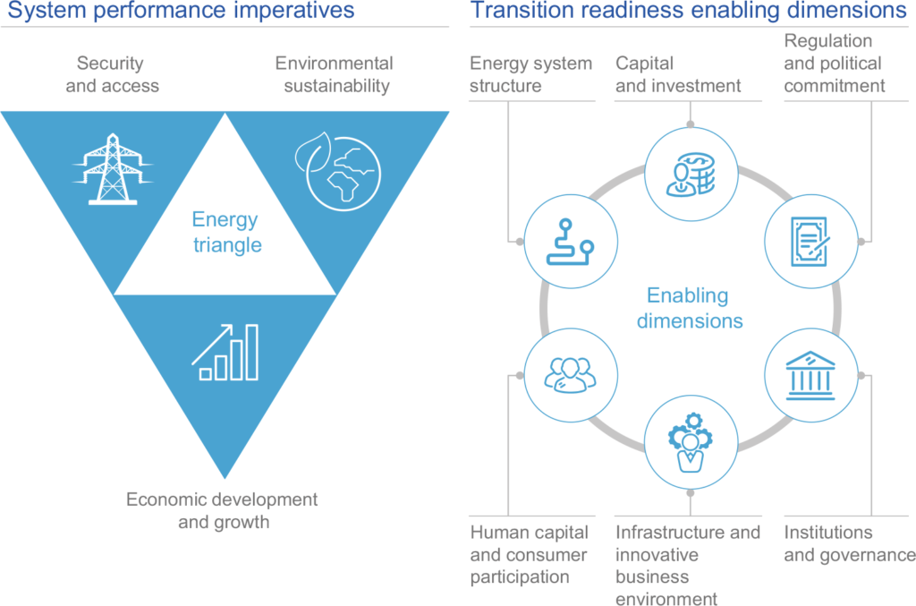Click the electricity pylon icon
coord(113,169)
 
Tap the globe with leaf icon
coord(337,171)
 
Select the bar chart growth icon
coord(225,353)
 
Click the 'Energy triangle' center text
coord(226,232)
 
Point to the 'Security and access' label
coord(112,74)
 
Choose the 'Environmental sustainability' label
coord(335,74)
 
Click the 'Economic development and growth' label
coord(222,510)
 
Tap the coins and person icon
coord(691,175)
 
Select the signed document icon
coord(810,242)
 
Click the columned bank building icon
coord(810,375)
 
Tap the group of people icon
coord(570,375)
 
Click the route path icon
coord(570,242)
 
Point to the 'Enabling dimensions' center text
coord(690,308)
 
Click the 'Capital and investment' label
coord(678,74)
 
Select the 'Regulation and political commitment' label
coord(835,64)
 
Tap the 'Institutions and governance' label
coord(850,543)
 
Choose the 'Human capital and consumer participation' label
coord(529,555)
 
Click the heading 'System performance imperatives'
coord(181,10)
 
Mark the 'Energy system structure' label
coord(530,74)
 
